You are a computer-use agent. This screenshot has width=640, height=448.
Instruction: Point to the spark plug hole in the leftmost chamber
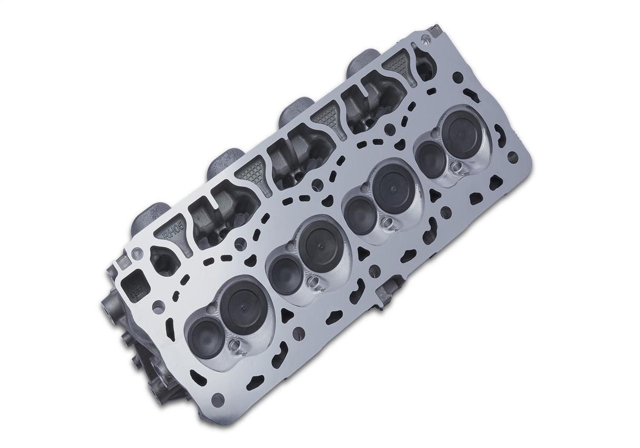[235, 346]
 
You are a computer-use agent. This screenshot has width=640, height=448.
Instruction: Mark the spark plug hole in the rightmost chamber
[457, 167]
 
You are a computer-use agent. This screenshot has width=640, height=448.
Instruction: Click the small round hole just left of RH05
[139, 252]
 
